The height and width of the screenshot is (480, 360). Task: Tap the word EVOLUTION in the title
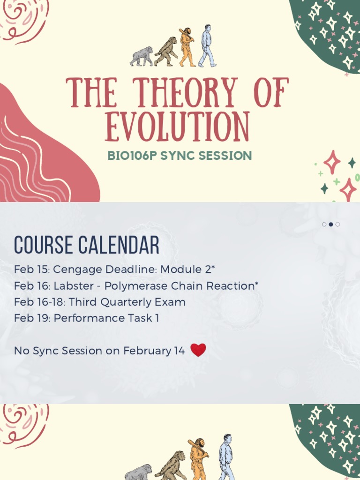177,127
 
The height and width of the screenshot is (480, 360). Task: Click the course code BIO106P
133,156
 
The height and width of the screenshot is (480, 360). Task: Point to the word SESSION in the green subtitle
228,156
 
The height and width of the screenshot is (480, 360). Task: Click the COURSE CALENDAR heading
87,245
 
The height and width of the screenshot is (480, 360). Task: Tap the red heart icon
198,350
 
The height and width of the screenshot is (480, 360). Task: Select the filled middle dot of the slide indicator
331,225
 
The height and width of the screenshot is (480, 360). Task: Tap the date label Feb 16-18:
40,302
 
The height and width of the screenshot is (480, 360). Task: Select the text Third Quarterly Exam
127,302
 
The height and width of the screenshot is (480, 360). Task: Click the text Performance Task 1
106,318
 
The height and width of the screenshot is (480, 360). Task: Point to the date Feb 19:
32,318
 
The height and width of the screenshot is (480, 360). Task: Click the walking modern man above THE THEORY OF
206,46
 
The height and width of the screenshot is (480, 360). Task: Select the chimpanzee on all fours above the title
142,56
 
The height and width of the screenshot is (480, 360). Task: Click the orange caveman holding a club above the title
187,47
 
